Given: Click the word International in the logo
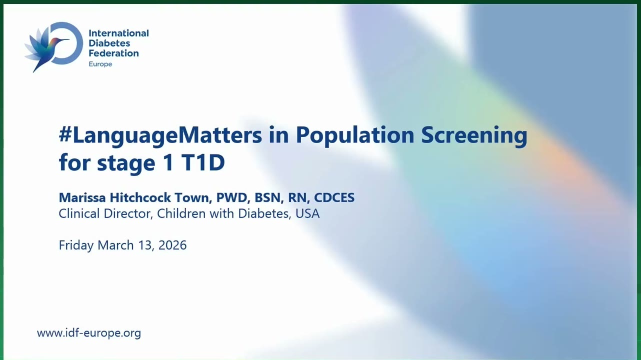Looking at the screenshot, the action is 119,33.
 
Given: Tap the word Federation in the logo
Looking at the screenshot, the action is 113,53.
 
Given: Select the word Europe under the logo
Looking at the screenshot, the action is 100,64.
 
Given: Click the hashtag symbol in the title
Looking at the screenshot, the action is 65,134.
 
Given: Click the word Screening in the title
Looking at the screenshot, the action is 474,135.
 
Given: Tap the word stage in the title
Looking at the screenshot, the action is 126,163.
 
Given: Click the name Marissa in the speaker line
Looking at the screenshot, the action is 82,197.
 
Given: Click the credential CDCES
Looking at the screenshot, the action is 334,197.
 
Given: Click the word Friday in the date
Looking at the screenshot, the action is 76,245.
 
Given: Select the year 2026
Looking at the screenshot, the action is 172,245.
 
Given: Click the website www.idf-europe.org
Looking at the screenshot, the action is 89,333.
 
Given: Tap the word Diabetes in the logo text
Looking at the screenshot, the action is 109,43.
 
